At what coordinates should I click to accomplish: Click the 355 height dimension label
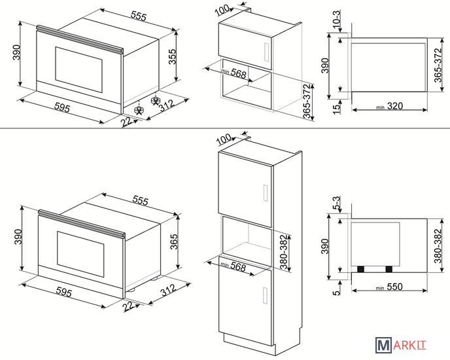[172, 56]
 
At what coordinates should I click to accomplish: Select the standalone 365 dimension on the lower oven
[174, 242]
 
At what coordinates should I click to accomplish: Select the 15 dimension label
[336, 109]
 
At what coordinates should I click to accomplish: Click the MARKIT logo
[401, 345]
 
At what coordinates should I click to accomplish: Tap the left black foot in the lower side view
[361, 269]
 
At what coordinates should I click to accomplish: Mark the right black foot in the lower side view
[389, 269]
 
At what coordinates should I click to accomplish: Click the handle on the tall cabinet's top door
[266, 193]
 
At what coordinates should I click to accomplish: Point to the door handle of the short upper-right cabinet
[266, 52]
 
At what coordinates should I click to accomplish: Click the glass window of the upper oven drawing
[78, 70]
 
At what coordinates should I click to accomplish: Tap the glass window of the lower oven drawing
[80, 254]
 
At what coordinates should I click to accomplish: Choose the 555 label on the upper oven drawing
[138, 16]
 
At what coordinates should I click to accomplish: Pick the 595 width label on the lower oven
[63, 292]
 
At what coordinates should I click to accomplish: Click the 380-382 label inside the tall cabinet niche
[284, 252]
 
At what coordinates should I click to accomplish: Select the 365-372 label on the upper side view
[438, 65]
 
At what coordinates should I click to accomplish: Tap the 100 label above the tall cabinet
[224, 139]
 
